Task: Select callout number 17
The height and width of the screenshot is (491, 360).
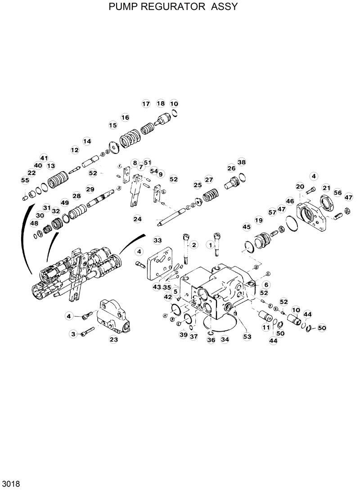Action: pyautogui.click(x=146, y=104)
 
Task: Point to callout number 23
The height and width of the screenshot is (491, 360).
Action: pyautogui.click(x=113, y=340)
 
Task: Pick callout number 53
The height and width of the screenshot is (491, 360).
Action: pyautogui.click(x=247, y=336)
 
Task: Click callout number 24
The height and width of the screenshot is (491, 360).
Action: pyautogui.click(x=137, y=219)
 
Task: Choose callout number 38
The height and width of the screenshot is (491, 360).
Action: pyautogui.click(x=242, y=162)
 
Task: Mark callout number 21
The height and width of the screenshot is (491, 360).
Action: pyautogui.click(x=326, y=188)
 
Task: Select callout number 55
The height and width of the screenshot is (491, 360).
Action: pyautogui.click(x=25, y=180)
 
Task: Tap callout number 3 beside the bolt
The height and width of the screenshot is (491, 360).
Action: pyautogui.click(x=73, y=333)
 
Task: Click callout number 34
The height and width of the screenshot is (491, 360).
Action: pyautogui.click(x=225, y=340)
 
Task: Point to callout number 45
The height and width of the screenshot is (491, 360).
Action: pyautogui.click(x=246, y=227)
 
